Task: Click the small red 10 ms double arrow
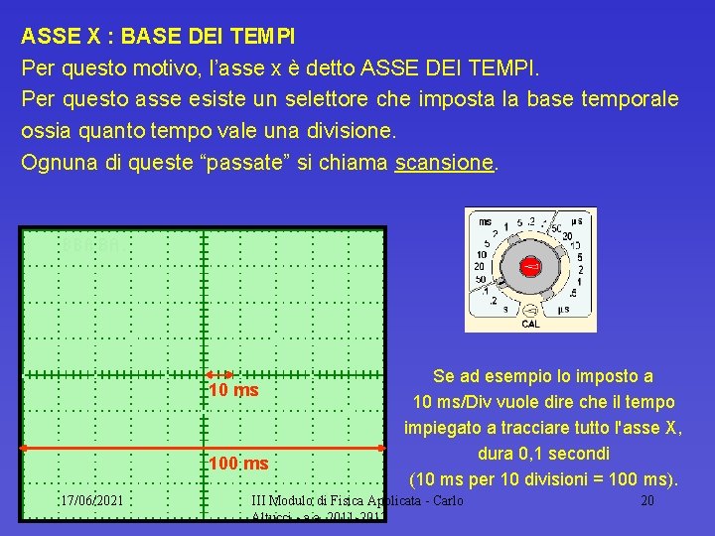pyautogui.click(x=220, y=374)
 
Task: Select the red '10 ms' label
pyautogui.click(x=233, y=390)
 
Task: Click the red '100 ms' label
pyautogui.click(x=238, y=464)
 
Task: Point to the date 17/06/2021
pyautogui.click(x=90, y=500)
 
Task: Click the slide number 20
pyautogui.click(x=646, y=500)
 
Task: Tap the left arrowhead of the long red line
pyautogui.click(x=25, y=449)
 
